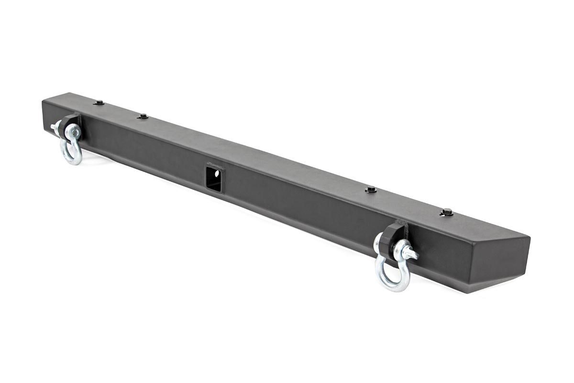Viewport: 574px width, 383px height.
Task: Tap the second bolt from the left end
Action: (x=142, y=116)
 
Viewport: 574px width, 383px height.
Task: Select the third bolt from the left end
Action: (x=370, y=190)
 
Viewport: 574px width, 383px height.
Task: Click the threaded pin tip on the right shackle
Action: (x=412, y=256)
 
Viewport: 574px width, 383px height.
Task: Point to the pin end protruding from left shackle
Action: (x=54, y=127)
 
